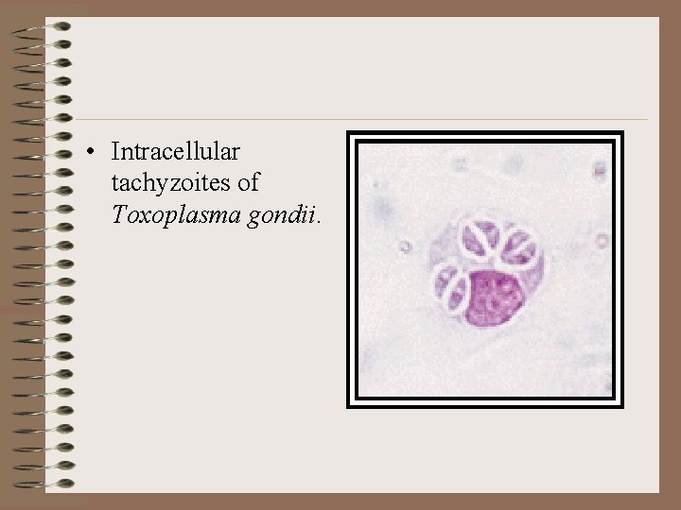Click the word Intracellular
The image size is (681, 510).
[176, 151]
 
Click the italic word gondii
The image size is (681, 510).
[281, 214]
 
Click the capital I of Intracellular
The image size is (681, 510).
[114, 151]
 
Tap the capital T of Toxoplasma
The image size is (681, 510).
[118, 214]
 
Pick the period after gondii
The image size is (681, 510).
[321, 220]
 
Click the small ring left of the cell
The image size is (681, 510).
[405, 246]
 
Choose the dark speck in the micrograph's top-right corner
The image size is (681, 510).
[600, 170]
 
